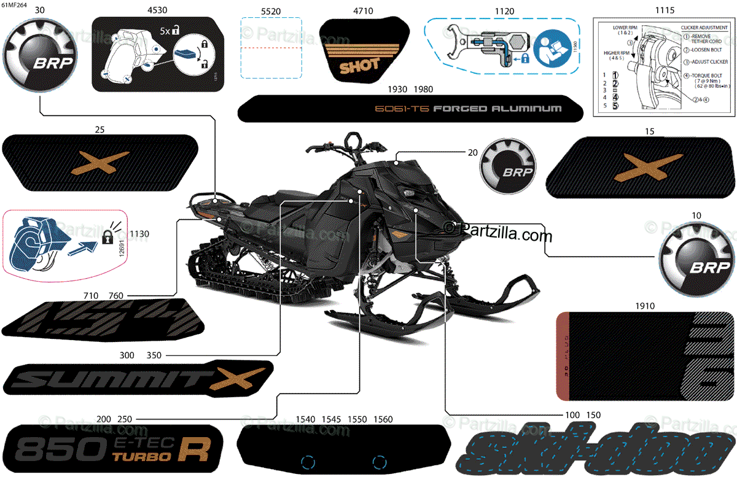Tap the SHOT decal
coord(359,64)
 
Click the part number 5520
coord(271,10)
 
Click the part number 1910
coord(645,305)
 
